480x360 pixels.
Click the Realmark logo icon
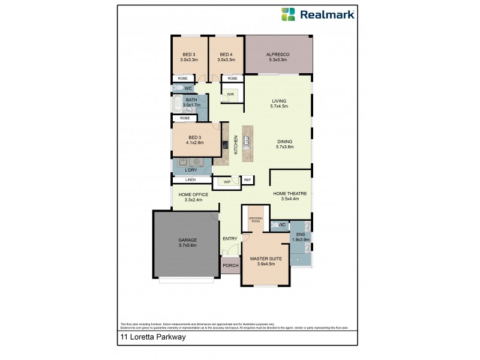click(x=289, y=14)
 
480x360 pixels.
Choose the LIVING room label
click(x=279, y=101)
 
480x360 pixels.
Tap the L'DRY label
click(x=191, y=170)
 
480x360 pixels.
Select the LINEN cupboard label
click(x=190, y=180)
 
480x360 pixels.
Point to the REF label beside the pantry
click(x=247, y=180)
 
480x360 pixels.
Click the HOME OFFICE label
click(x=193, y=194)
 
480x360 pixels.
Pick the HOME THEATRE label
click(x=290, y=193)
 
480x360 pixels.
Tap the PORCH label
click(x=230, y=265)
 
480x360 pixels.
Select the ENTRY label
click(x=230, y=239)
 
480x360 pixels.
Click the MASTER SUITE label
click(x=265, y=259)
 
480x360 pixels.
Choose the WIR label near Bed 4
click(x=230, y=94)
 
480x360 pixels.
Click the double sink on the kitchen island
click(x=246, y=142)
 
